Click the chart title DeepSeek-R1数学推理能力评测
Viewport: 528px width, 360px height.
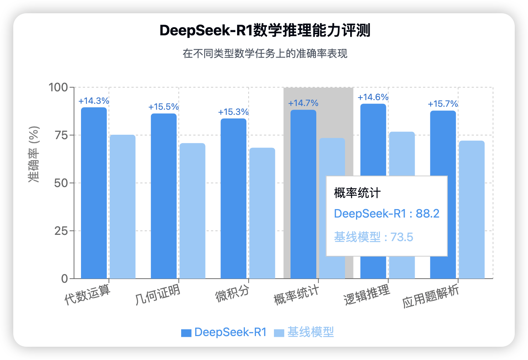(x=265, y=31)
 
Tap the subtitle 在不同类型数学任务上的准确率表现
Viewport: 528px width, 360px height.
(x=265, y=54)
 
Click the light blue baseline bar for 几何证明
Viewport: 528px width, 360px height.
(x=192, y=211)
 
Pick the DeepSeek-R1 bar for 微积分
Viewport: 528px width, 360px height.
(x=233, y=198)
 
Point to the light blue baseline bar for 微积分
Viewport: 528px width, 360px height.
(x=262, y=213)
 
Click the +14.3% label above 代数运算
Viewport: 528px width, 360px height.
(x=94, y=101)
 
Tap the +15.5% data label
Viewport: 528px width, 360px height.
(x=163, y=107)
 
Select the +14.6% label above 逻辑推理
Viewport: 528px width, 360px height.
(x=373, y=97)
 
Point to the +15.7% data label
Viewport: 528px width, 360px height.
(x=443, y=104)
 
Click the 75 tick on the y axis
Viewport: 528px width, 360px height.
(x=61, y=135)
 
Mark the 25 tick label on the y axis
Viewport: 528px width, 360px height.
(x=61, y=231)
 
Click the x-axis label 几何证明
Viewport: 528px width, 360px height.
(x=158, y=294)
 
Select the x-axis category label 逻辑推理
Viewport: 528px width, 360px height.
(x=367, y=295)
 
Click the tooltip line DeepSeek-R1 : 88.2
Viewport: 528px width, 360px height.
(x=387, y=213)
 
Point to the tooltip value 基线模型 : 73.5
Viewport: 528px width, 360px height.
(x=373, y=237)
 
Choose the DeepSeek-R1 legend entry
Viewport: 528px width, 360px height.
(x=224, y=332)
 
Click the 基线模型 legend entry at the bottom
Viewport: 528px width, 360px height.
(x=304, y=332)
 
